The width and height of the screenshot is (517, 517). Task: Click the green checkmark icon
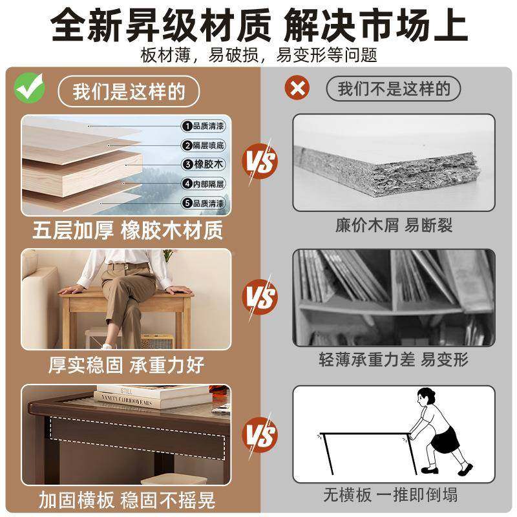(x=30, y=89)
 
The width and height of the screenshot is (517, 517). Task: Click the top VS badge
(x=260, y=161)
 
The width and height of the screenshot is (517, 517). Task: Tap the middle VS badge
(x=260, y=298)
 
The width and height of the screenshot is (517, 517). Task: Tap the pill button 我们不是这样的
(x=394, y=89)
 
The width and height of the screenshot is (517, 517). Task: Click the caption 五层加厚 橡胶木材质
(x=127, y=231)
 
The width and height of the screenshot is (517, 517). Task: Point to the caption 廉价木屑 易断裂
(x=394, y=225)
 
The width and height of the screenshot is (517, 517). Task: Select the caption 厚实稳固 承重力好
(x=127, y=365)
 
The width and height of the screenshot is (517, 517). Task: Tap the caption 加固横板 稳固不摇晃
(x=127, y=500)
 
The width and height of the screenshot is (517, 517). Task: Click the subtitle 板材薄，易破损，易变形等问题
(x=258, y=54)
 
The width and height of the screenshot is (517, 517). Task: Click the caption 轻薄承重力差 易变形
(x=394, y=359)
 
